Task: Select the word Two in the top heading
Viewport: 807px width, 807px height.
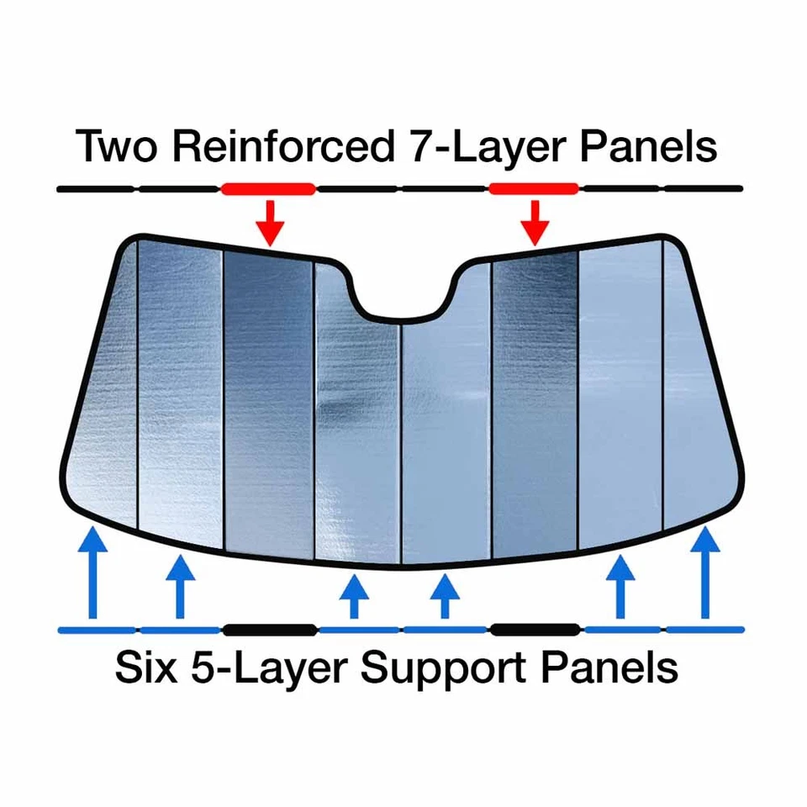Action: [x=118, y=146]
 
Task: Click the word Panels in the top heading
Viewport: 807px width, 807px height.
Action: [x=641, y=146]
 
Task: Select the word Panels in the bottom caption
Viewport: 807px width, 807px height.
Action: [x=609, y=669]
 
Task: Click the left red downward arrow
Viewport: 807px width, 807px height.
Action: [x=269, y=220]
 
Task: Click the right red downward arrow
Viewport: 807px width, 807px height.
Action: [x=534, y=220]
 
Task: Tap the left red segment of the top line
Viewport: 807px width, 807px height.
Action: [x=268, y=189]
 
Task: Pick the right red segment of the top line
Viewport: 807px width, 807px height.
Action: [x=534, y=189]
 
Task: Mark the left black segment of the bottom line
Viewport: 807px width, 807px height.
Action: [x=269, y=630]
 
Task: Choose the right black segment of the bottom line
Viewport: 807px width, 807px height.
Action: [x=535, y=630]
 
